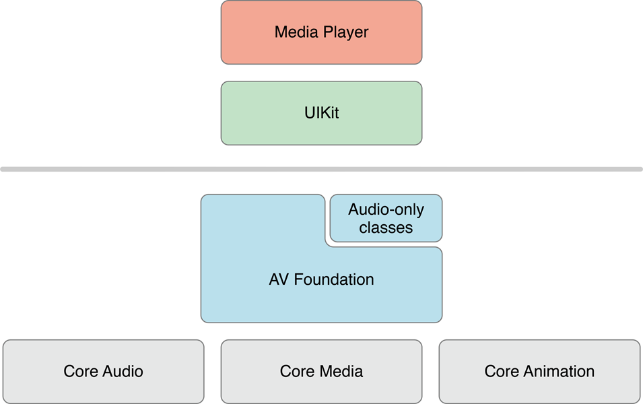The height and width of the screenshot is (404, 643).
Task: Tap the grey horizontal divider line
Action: point(321,168)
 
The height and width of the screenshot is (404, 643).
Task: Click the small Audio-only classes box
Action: point(386,218)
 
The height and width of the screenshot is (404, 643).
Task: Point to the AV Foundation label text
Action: point(321,279)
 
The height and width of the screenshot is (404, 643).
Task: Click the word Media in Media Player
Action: point(296,32)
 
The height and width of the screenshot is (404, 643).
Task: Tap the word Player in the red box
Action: point(346,32)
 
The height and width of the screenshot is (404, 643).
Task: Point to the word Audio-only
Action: point(386,209)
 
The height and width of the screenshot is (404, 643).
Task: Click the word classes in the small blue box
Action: point(386,228)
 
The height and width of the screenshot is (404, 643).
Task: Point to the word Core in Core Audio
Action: point(79,371)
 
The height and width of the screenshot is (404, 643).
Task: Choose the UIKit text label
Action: point(321,112)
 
